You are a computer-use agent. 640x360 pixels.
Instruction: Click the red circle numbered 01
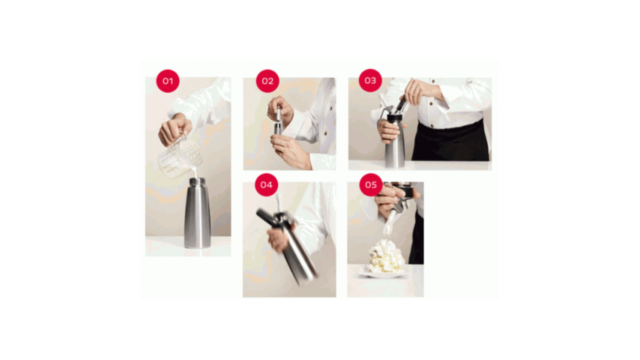pos(167,81)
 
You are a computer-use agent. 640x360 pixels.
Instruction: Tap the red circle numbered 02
pos(267,81)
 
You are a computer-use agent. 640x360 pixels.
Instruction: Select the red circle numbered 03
pos(370,80)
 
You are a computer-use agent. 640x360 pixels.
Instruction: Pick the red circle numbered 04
pos(266,185)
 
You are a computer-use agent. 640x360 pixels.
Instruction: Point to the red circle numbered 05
pos(371,185)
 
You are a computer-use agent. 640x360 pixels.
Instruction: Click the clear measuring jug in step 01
pos(180,157)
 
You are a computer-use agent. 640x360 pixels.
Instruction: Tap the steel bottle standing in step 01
pos(197,213)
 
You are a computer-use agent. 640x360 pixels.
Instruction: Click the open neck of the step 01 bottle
pos(197,181)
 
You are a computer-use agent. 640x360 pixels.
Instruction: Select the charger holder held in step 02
pos(278,120)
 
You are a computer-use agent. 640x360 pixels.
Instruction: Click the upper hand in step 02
pos(280,110)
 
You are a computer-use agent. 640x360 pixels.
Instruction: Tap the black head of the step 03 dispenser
pos(394,118)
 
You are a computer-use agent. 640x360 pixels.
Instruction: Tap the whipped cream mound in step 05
pos(385,256)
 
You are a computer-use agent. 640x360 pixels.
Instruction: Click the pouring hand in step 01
pos(175,130)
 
